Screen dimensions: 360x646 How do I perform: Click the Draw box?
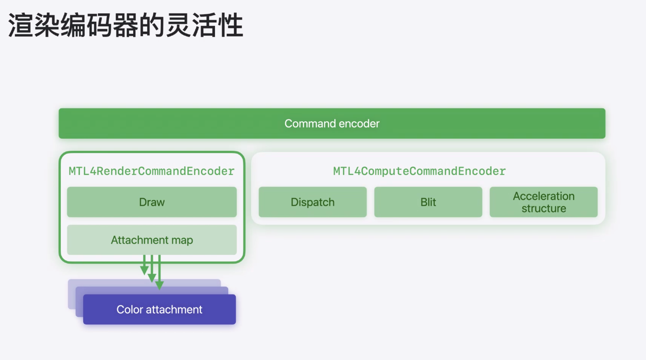coord(152,202)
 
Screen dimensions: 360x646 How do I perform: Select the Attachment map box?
coord(152,240)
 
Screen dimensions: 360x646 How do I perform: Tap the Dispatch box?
coord(312,202)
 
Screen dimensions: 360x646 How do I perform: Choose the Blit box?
coord(428,202)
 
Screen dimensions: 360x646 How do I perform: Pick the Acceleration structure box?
coord(544,202)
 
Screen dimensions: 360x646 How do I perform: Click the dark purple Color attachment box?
coord(159,309)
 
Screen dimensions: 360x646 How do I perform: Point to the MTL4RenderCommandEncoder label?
coord(152,171)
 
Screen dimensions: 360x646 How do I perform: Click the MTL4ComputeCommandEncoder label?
coord(419,171)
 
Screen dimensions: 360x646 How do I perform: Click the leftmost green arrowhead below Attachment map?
coord(144,270)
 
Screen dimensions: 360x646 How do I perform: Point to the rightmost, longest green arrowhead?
coord(159,285)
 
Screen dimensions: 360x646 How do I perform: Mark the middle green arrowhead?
coord(152,278)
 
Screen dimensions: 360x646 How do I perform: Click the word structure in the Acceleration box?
coord(544,208)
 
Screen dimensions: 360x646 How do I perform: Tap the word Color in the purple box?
coord(130,309)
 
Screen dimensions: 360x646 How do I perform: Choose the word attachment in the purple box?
coord(174,309)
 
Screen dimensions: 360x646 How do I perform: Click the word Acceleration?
coord(544,196)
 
